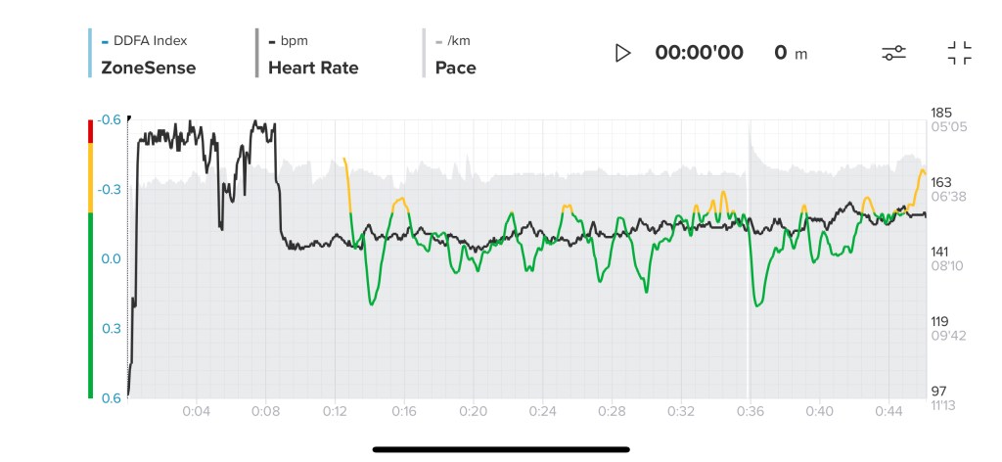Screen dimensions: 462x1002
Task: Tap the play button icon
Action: coord(622,53)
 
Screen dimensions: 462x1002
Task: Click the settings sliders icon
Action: coord(893,53)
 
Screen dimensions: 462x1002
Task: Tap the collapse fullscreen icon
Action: coord(960,53)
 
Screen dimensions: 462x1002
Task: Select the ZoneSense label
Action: coord(148,68)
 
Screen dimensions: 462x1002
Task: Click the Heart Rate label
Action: coord(313,68)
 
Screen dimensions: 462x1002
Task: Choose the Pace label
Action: coord(455,68)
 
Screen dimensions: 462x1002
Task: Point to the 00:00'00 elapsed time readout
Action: coord(699,53)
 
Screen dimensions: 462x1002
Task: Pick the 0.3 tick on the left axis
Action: coord(112,328)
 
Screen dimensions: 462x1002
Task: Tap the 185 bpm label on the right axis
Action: coord(941,114)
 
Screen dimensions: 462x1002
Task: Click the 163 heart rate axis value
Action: coord(941,182)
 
